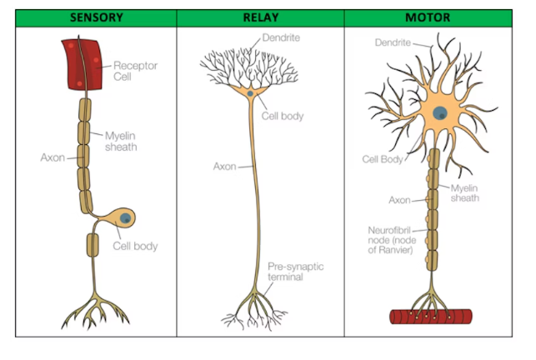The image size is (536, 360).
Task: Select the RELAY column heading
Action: [260, 17]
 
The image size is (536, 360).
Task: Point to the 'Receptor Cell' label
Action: [134, 72]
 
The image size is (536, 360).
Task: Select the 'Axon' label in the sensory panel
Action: [53, 156]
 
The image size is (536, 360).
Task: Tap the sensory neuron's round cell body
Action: [125, 218]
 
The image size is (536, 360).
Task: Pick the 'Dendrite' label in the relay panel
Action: [281, 38]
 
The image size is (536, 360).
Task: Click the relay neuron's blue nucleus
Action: [251, 93]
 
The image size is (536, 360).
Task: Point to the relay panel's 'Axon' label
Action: [224, 166]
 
